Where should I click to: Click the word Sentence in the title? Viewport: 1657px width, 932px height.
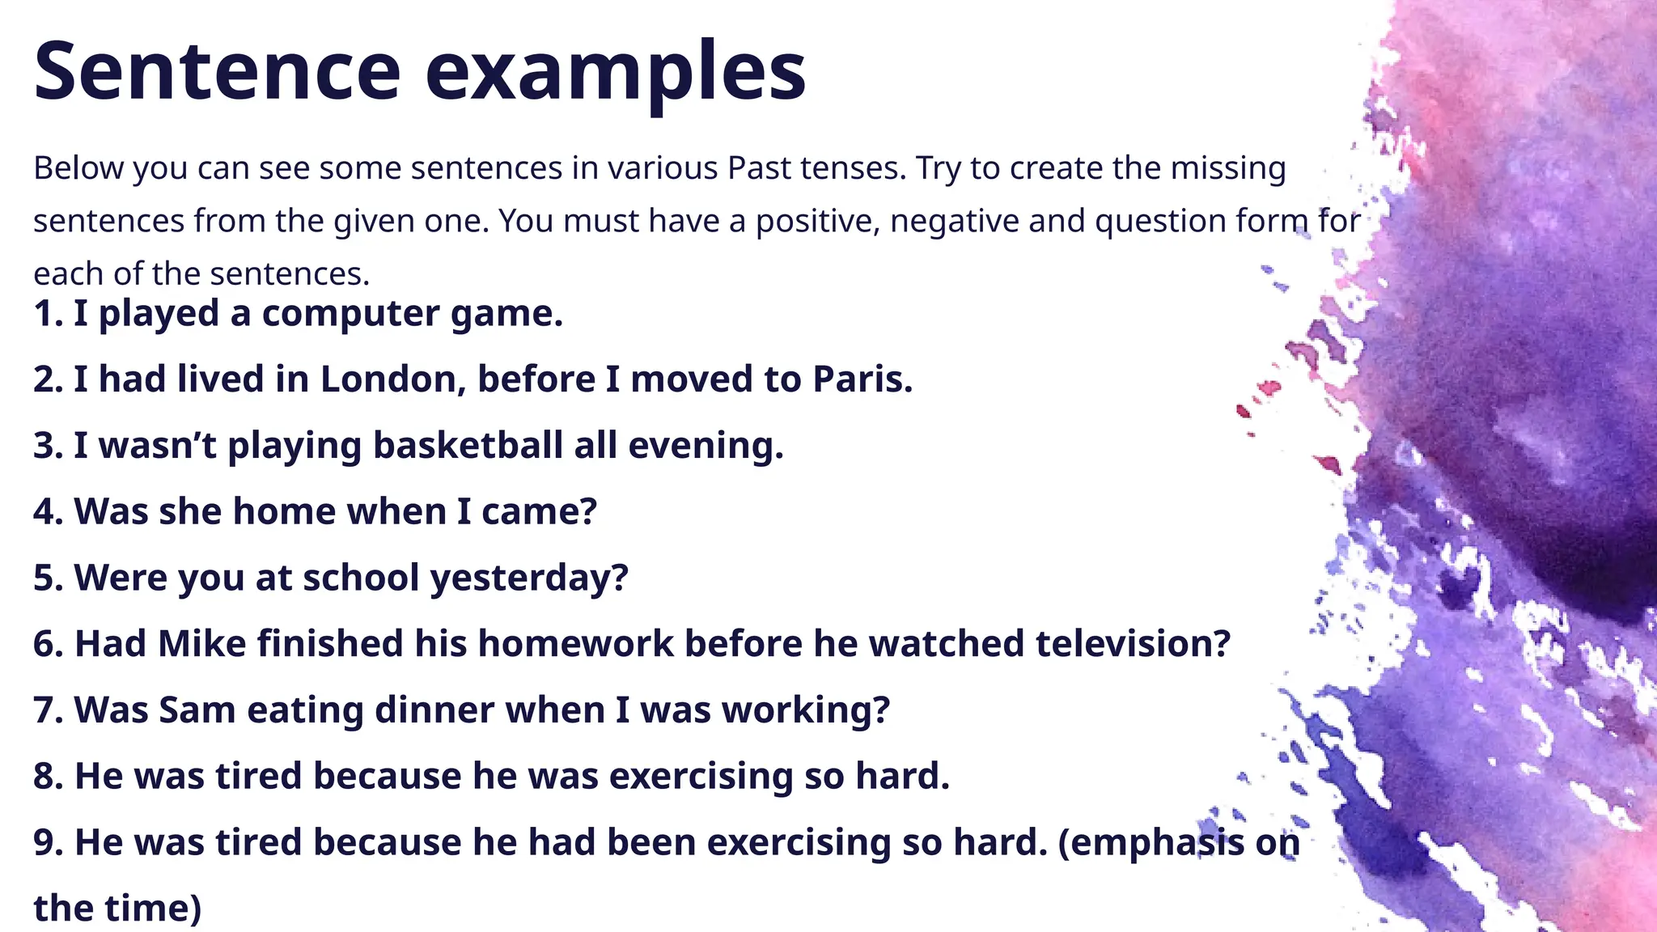[217, 71]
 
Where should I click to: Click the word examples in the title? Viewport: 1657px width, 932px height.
[615, 73]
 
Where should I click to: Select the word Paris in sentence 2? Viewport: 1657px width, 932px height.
[862, 379]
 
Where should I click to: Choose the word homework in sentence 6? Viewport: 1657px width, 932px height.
[575, 644]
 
